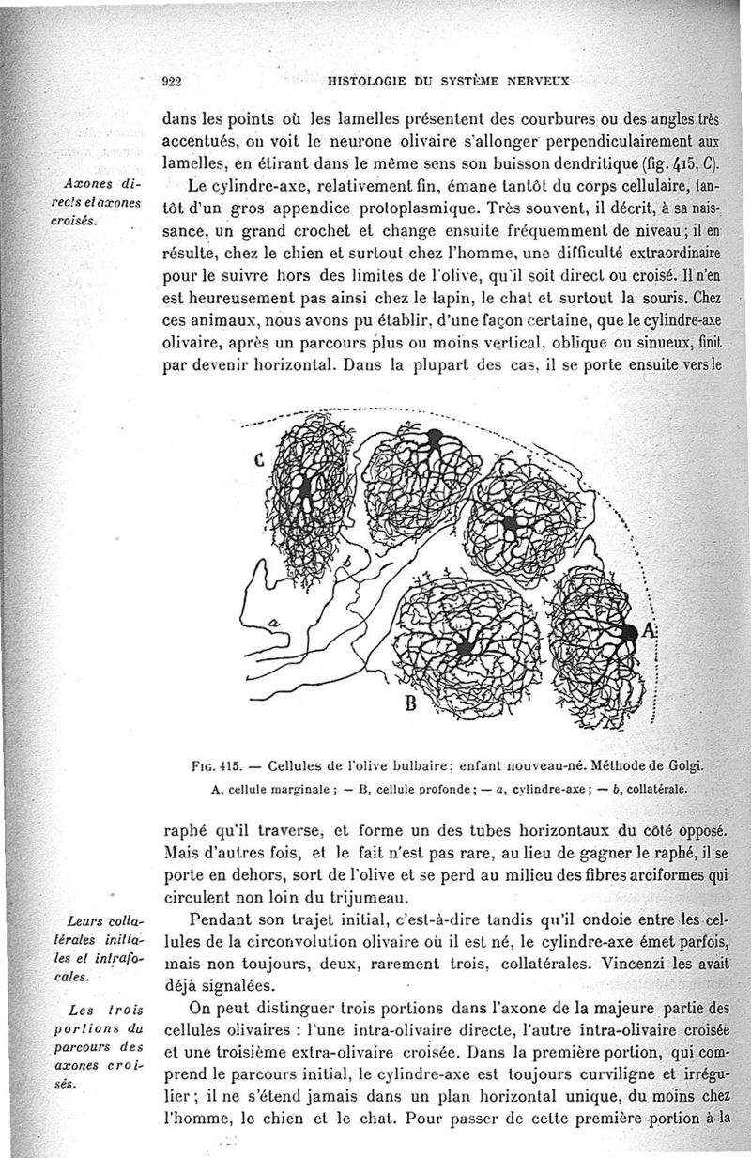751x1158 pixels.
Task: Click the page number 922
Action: [x=172, y=81]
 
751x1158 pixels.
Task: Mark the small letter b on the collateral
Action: [x=345, y=562]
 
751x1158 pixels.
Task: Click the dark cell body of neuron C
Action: [x=305, y=487]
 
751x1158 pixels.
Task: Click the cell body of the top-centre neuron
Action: [x=435, y=437]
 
